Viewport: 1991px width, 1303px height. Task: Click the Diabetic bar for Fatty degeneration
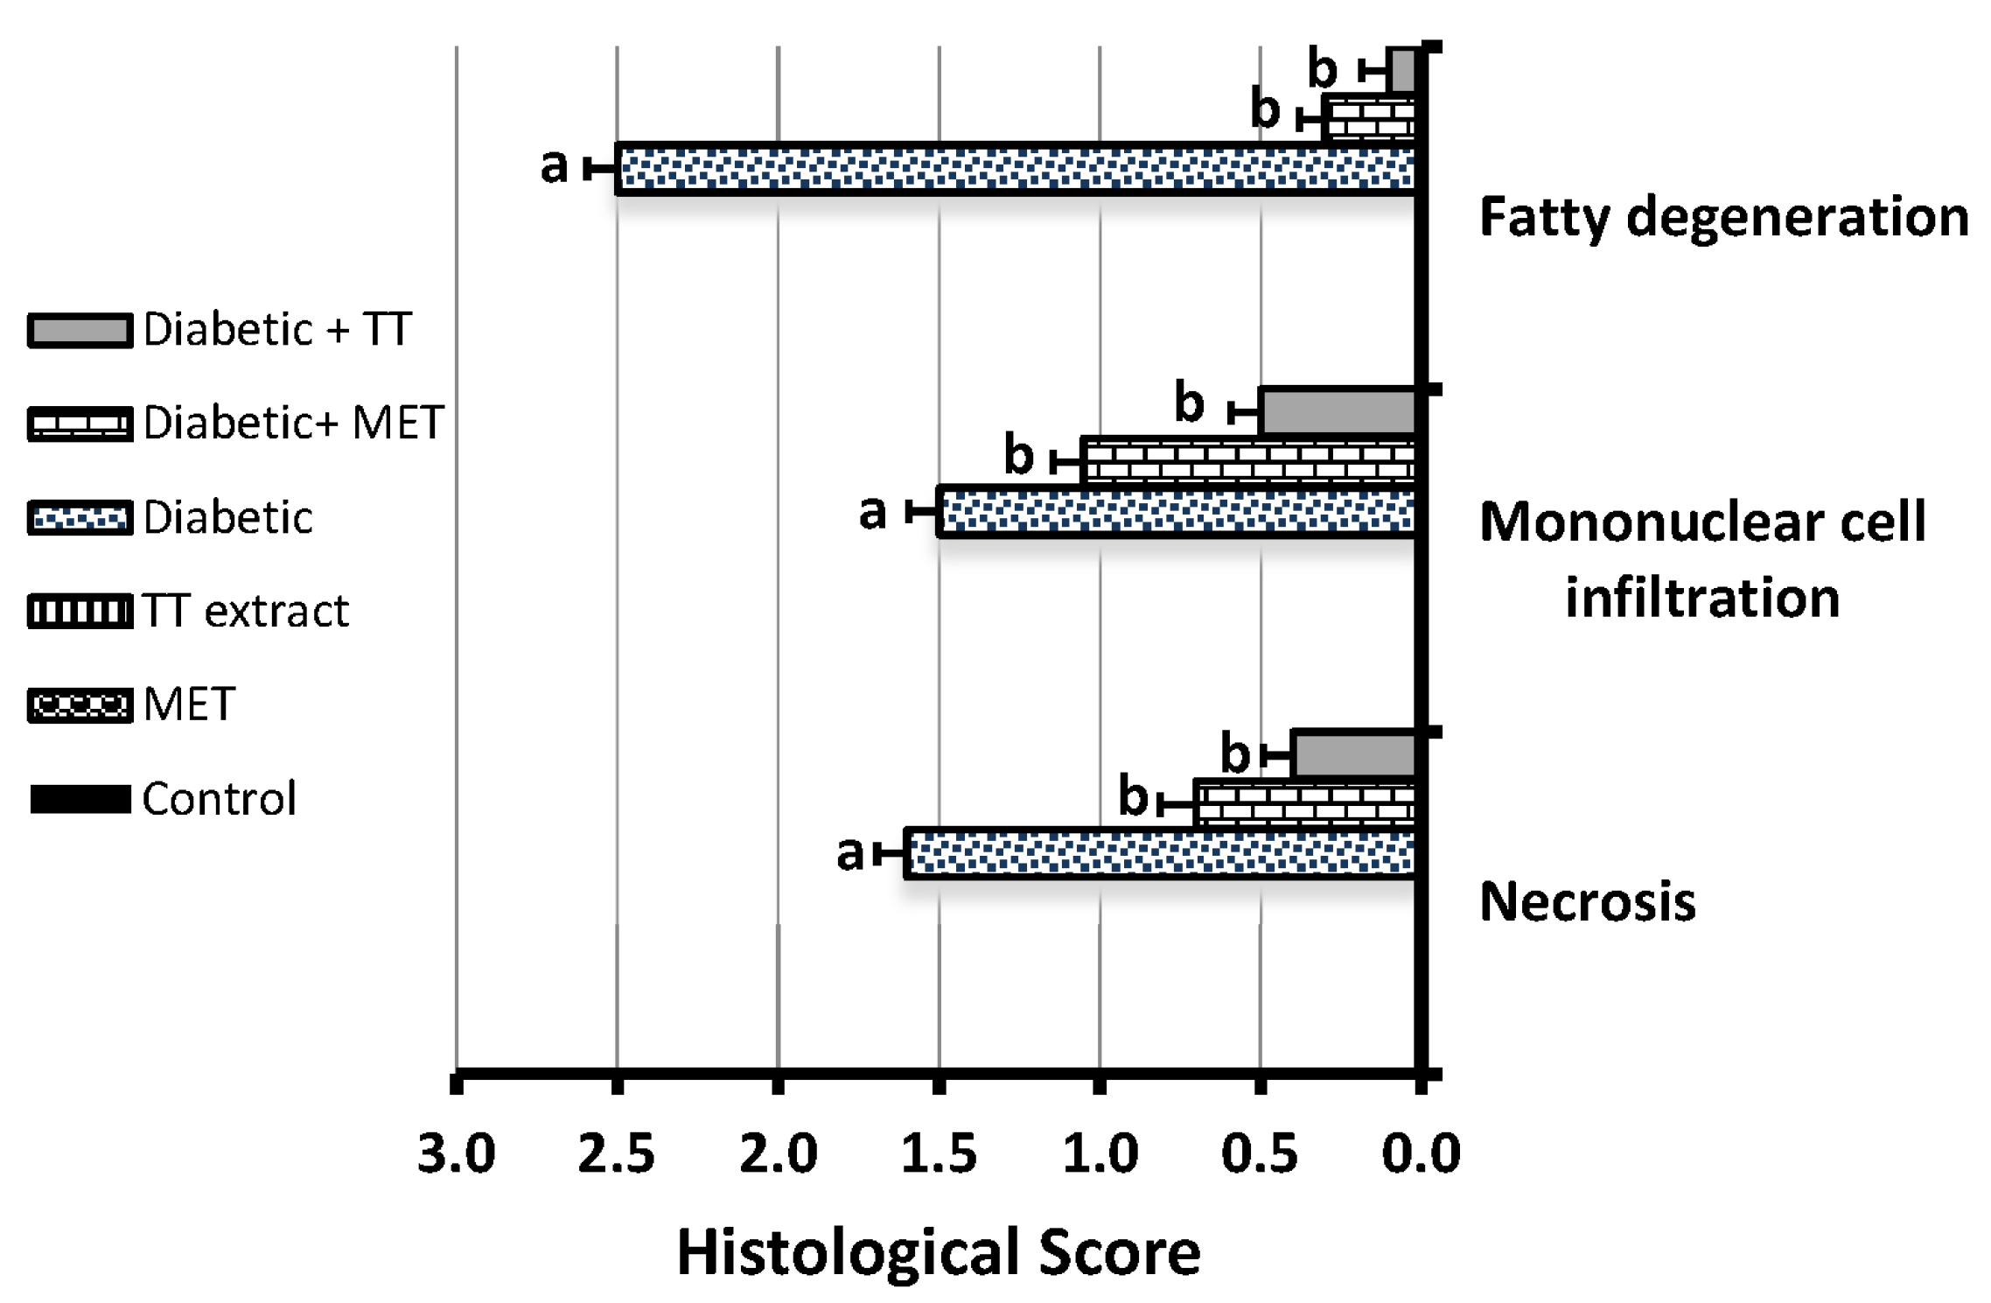[x=1015, y=169]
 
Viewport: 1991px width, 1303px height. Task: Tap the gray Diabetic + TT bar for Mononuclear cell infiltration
[x=1338, y=412]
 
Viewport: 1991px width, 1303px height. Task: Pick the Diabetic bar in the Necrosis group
[x=1160, y=853]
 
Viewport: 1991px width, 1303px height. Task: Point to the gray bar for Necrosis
[x=1353, y=754]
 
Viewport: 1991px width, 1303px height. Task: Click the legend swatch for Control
[x=80, y=799]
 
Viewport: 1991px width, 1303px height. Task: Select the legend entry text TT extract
[x=246, y=611]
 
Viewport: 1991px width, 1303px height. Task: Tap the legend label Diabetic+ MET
[x=294, y=424]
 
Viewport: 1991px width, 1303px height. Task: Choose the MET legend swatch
[x=80, y=705]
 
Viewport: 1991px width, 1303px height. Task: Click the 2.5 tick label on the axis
[x=617, y=1154]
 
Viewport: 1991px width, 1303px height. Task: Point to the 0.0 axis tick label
[x=1421, y=1154]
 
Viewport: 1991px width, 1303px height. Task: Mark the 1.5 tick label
[x=939, y=1154]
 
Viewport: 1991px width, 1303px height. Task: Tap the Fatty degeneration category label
[x=1723, y=217]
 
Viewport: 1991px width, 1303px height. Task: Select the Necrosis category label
[x=1587, y=902]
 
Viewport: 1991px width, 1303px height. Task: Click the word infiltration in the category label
[x=1702, y=598]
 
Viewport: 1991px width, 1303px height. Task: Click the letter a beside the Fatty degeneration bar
[x=554, y=165]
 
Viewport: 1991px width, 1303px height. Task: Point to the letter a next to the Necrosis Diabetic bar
[x=849, y=852]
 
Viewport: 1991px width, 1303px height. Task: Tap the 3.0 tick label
[x=456, y=1154]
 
